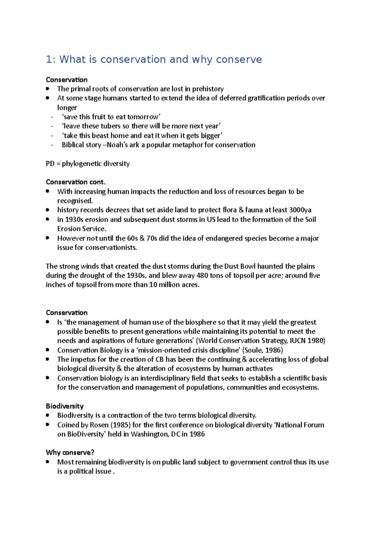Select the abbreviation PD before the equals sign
click(x=50, y=164)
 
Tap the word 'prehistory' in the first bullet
click(x=208, y=89)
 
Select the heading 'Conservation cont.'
click(x=75, y=182)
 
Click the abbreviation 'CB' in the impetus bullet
click(x=159, y=360)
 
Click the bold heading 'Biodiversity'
click(x=64, y=406)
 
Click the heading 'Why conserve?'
click(x=70, y=453)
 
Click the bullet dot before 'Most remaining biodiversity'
click(x=48, y=462)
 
